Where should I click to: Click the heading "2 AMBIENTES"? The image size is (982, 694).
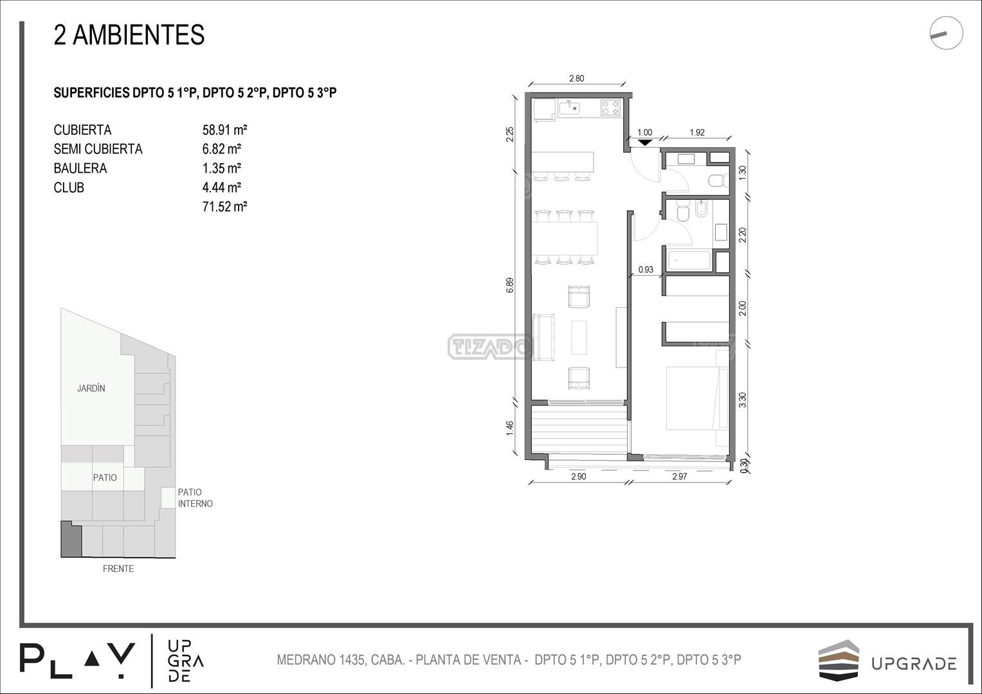[129, 35]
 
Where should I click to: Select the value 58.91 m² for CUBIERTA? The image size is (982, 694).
[224, 130]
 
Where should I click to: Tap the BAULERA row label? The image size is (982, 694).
[80, 168]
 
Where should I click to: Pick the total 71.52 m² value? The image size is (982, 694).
[224, 206]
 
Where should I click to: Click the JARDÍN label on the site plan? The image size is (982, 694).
[91, 388]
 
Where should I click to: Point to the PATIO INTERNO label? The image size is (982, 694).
[195, 498]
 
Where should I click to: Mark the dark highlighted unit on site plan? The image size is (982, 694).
[71, 539]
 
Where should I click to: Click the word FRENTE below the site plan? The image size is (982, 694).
[118, 569]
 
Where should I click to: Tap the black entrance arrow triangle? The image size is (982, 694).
[645, 143]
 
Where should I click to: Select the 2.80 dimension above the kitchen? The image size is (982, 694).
[576, 78]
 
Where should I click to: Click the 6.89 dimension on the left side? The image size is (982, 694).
[510, 285]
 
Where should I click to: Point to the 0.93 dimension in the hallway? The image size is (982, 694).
[645, 269]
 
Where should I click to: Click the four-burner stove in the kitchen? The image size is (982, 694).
[610, 108]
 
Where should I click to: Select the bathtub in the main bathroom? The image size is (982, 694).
[688, 260]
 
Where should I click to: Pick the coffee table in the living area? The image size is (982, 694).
[579, 337]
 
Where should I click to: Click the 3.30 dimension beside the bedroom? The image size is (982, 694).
[742, 399]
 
